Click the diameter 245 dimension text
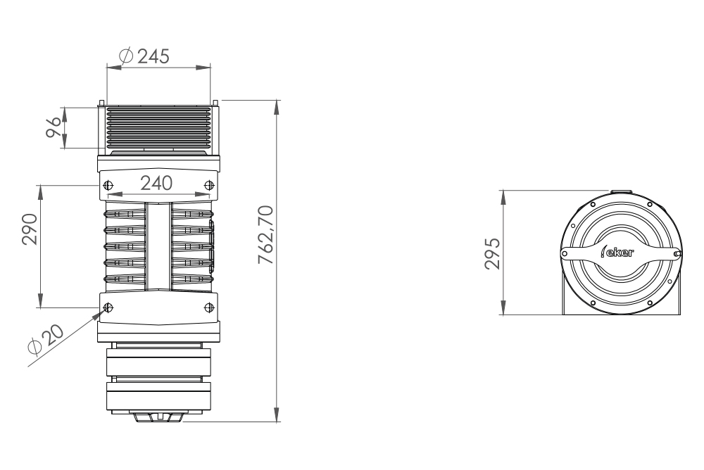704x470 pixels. (x=145, y=57)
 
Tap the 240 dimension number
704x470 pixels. (x=156, y=184)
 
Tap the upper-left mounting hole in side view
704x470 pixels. (x=108, y=185)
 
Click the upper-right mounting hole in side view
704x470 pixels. (x=208, y=185)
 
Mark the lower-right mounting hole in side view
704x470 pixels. (x=208, y=307)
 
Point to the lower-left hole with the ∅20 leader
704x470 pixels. (x=108, y=307)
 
